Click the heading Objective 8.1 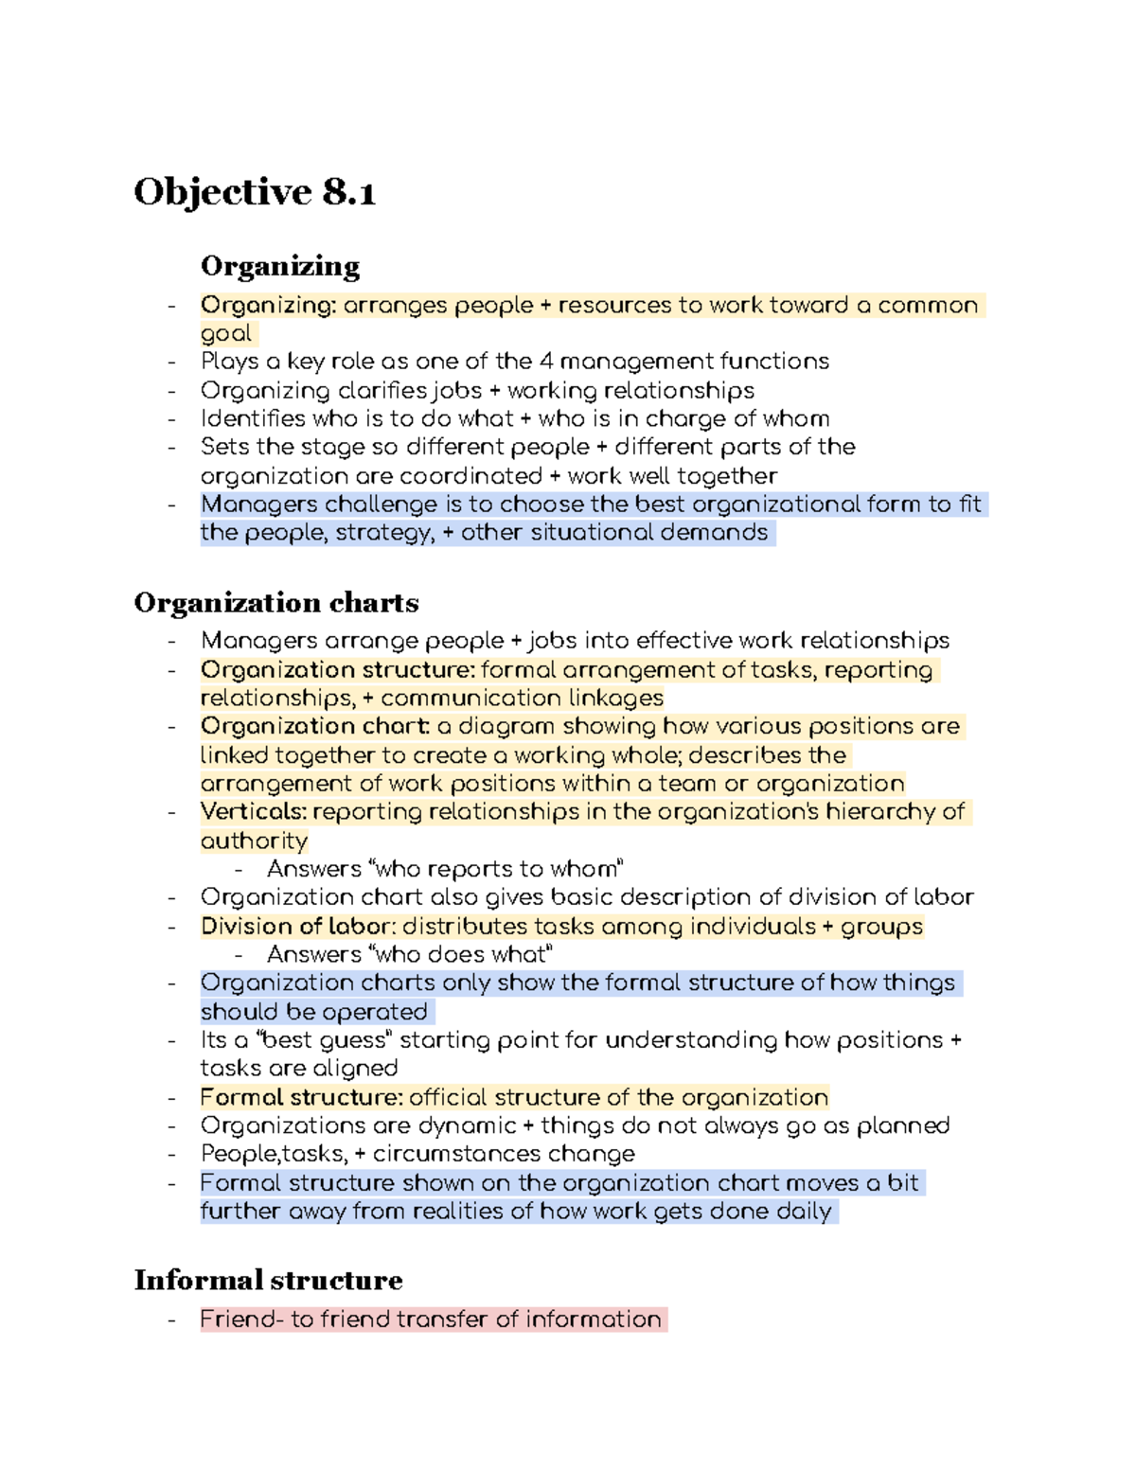(x=255, y=192)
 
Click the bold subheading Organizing (x=280, y=266)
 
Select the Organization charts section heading (x=276, y=603)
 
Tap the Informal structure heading (x=268, y=1281)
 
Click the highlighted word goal (x=226, y=333)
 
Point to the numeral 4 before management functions (x=546, y=362)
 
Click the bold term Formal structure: (x=302, y=1097)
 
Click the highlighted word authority (x=254, y=841)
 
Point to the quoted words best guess (x=324, y=1040)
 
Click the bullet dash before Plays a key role (x=172, y=363)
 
